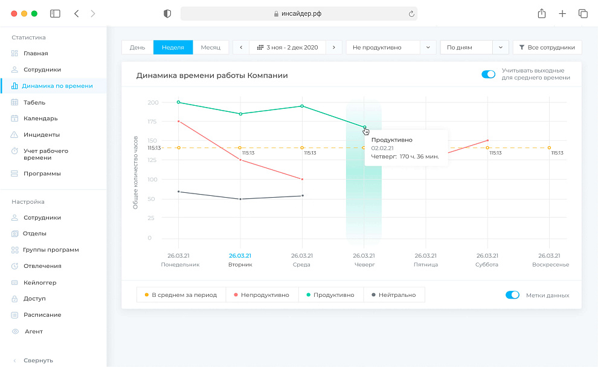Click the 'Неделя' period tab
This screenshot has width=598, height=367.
pyautogui.click(x=173, y=47)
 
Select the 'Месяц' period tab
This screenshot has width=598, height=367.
pyautogui.click(x=211, y=47)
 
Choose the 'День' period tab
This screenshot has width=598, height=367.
pyautogui.click(x=137, y=47)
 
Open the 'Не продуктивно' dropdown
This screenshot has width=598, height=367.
pyautogui.click(x=391, y=47)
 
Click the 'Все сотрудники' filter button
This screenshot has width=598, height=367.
pyautogui.click(x=547, y=47)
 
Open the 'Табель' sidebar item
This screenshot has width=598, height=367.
pyautogui.click(x=34, y=102)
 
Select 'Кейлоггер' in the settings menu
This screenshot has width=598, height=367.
pyautogui.click(x=41, y=282)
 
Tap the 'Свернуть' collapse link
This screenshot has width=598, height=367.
pyautogui.click(x=38, y=360)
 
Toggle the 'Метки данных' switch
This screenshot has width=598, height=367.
pyautogui.click(x=512, y=295)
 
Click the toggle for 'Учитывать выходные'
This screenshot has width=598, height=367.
pyautogui.click(x=488, y=74)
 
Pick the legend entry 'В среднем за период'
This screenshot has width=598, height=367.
pyautogui.click(x=181, y=295)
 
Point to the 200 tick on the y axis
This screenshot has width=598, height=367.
pyautogui.click(x=153, y=102)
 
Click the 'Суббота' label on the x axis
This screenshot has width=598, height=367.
pyautogui.click(x=487, y=265)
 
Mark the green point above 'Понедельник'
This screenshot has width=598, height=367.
pyautogui.click(x=179, y=102)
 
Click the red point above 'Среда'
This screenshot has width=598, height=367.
pyautogui.click(x=302, y=179)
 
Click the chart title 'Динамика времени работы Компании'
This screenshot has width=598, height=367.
pyautogui.click(x=212, y=76)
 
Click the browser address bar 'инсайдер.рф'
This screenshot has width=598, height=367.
pyautogui.click(x=298, y=13)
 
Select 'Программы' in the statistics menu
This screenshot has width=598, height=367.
pyautogui.click(x=42, y=174)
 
